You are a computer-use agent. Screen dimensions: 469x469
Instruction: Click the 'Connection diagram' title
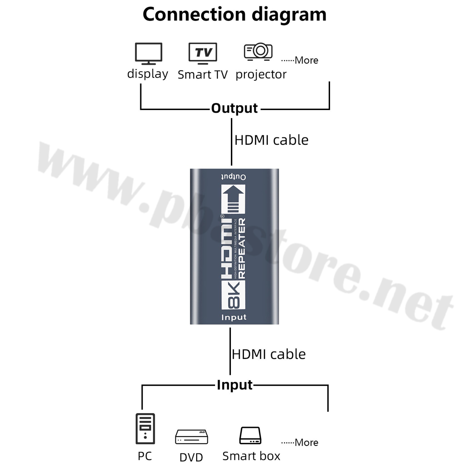click(234, 14)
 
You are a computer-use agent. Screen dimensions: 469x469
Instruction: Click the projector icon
click(258, 51)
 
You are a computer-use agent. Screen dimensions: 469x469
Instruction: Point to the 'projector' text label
click(261, 74)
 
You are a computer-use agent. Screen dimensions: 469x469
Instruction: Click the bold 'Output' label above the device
click(234, 108)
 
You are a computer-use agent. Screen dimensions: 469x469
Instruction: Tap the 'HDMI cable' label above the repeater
click(271, 140)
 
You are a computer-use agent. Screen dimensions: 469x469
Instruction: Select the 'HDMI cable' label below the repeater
click(269, 354)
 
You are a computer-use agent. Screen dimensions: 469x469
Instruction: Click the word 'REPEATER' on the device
click(242, 248)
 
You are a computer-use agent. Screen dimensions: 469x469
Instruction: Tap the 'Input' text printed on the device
click(234, 317)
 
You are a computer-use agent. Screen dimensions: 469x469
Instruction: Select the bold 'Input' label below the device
click(234, 385)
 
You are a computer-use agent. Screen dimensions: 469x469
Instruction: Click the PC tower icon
click(145, 428)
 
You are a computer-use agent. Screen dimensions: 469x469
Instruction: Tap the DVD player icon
click(191, 437)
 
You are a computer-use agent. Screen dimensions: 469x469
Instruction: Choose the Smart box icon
click(250, 436)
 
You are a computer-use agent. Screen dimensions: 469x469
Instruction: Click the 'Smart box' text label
click(251, 456)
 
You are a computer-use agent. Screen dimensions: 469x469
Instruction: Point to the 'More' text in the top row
click(306, 60)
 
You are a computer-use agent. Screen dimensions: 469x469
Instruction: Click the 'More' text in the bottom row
click(306, 442)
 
